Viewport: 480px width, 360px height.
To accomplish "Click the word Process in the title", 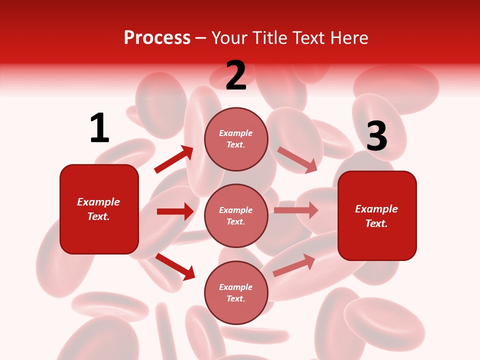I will coord(157,38).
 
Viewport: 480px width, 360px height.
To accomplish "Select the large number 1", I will coord(99,128).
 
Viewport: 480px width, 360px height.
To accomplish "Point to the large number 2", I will coord(236,76).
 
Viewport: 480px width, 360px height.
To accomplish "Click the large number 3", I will coord(376,136).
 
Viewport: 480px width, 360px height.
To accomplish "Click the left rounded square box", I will coord(99,209).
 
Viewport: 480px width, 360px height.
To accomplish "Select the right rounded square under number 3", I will coord(377,216).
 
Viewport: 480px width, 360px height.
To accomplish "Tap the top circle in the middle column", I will coord(236,139).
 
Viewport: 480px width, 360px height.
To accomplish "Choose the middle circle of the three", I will coord(236,215).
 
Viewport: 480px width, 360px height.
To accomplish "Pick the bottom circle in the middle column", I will coord(236,292).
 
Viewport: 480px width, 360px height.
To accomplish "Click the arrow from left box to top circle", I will coord(173,159).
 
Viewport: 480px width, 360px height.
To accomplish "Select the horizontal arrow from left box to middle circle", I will coord(175,211).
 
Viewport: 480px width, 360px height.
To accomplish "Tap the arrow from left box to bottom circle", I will coord(175,266).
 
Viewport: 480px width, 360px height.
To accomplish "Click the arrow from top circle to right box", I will coord(297,159).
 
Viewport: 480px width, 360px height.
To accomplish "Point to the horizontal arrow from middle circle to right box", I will coord(296,210).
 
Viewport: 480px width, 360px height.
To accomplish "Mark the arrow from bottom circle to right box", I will coord(294,264).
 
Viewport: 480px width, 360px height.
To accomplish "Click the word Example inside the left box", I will coord(98,202).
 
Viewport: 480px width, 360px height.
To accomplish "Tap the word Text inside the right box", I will coord(376,223).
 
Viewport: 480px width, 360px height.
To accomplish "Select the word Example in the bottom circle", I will coord(235,287).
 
